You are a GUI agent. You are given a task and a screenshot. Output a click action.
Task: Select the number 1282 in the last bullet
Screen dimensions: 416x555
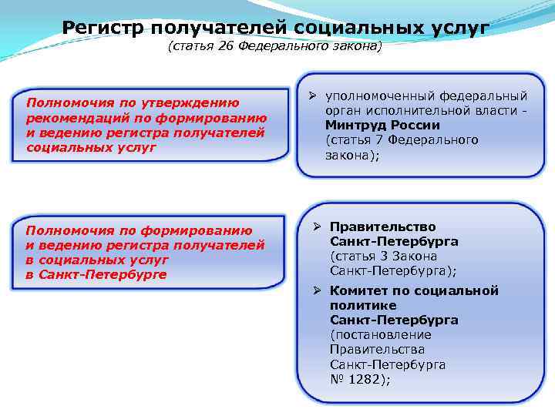coord(367,379)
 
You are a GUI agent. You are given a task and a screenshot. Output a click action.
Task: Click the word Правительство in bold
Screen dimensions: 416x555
coord(382,227)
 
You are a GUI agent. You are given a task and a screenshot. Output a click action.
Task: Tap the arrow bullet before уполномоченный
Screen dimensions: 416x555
coord(314,97)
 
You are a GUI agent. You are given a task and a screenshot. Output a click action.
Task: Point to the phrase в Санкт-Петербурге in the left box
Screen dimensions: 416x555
coord(96,274)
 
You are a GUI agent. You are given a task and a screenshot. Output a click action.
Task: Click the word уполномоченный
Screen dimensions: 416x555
coord(380,96)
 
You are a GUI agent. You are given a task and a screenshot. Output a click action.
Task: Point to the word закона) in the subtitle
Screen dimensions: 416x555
coord(355,48)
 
